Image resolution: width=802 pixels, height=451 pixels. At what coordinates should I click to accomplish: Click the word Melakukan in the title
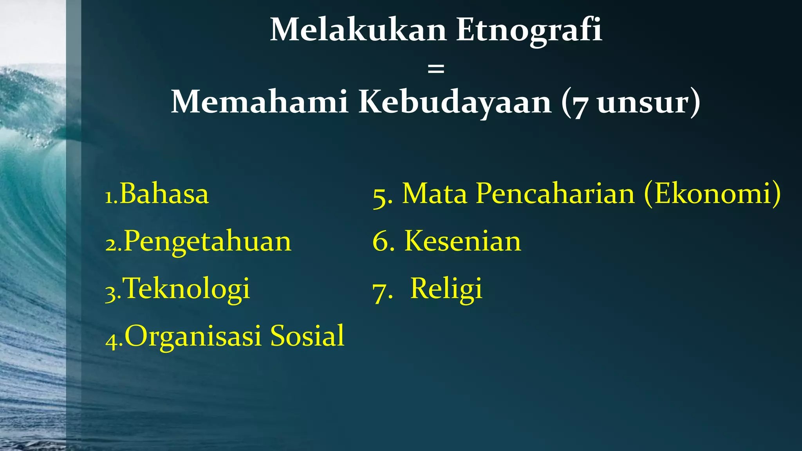(x=358, y=31)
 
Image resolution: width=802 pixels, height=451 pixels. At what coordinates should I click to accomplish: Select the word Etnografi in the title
(x=529, y=31)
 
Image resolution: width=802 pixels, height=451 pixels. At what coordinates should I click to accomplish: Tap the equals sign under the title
(x=436, y=69)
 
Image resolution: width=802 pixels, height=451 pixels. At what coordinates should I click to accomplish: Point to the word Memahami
(x=259, y=102)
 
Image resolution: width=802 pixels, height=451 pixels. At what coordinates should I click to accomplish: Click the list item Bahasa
(x=164, y=193)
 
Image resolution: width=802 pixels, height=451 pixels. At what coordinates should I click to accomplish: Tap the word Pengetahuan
(x=208, y=242)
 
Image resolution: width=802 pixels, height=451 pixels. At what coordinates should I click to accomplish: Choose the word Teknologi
(x=186, y=289)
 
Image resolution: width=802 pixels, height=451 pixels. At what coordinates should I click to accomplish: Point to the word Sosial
(x=307, y=336)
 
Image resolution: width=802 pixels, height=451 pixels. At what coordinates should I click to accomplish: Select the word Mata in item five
(x=435, y=193)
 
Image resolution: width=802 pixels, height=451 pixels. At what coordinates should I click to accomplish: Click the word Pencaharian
(x=555, y=193)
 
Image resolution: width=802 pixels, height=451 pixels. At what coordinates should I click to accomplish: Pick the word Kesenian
(x=462, y=241)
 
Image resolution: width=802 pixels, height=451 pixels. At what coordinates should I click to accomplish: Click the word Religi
(x=446, y=289)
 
